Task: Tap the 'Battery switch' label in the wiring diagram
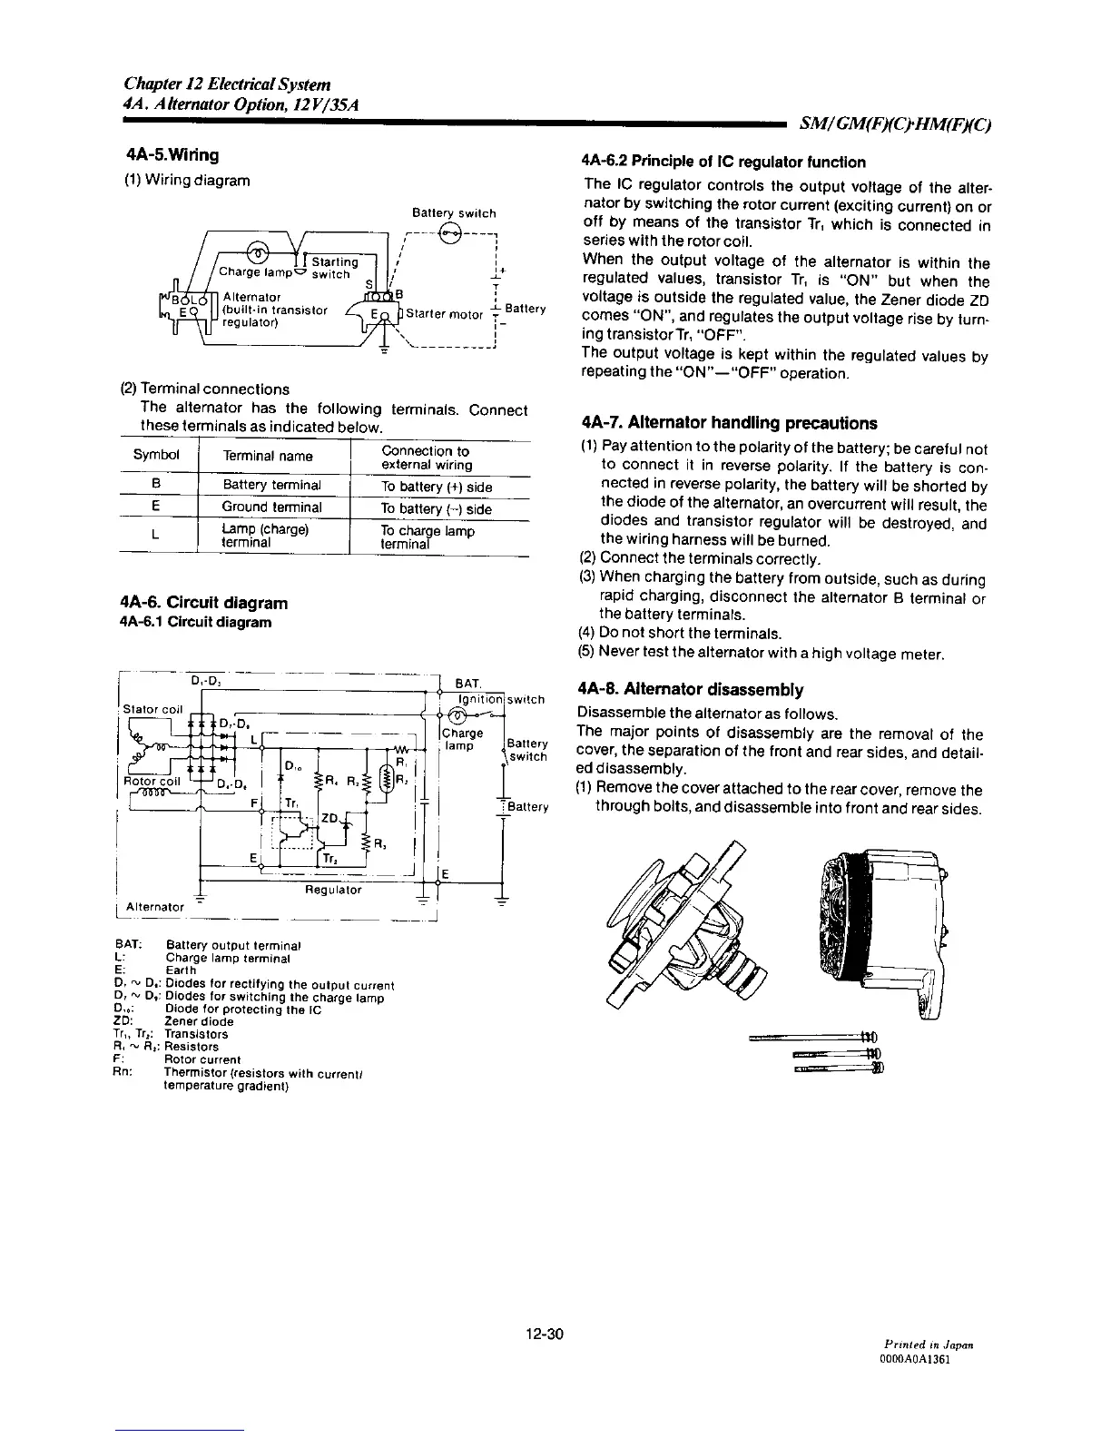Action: pyautogui.click(x=454, y=213)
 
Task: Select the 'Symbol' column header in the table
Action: pyautogui.click(x=157, y=455)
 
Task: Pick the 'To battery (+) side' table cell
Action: pyautogui.click(x=436, y=487)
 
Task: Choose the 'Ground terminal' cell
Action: pyautogui.click(x=272, y=507)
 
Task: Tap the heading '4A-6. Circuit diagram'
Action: pyautogui.click(x=203, y=603)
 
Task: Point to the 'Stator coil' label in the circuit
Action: pyautogui.click(x=153, y=709)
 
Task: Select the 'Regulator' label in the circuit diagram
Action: pyautogui.click(x=333, y=891)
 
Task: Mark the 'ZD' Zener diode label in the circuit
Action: pyautogui.click(x=329, y=819)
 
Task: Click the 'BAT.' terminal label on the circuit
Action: pyautogui.click(x=468, y=683)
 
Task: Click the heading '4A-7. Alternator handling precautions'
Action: pyautogui.click(x=729, y=423)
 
